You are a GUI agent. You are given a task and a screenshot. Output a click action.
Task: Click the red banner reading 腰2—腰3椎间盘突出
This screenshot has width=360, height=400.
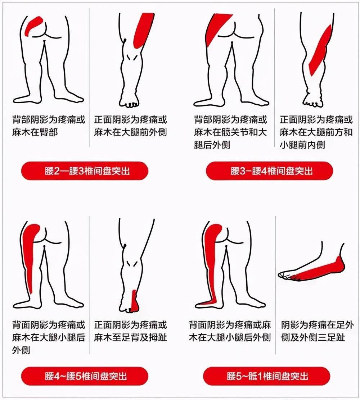pyautogui.click(x=85, y=171)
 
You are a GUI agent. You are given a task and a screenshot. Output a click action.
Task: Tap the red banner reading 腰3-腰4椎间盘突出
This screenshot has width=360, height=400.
pyautogui.click(x=270, y=171)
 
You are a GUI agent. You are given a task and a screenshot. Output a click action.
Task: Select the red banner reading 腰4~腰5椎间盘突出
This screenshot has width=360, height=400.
pyautogui.click(x=85, y=376)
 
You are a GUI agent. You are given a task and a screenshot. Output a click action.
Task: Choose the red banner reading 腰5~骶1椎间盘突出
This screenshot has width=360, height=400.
pyautogui.click(x=267, y=376)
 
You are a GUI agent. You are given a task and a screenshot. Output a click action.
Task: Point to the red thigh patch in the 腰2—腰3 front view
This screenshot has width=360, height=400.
pyautogui.click(x=143, y=31)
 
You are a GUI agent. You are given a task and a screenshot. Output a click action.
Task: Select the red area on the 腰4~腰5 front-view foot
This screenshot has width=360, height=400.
pyautogui.click(x=134, y=301)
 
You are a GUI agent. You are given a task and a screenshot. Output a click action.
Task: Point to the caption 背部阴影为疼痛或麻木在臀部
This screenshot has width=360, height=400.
pyautogui.click(x=49, y=126)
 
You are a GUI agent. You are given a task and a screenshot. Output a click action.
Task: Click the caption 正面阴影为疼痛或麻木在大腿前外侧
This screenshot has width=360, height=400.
pyautogui.click(x=130, y=126)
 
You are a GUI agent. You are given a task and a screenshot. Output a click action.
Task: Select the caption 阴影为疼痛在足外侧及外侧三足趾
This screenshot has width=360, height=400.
pyautogui.click(x=318, y=331)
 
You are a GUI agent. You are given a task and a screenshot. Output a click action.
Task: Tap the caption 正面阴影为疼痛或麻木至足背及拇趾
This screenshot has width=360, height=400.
pyautogui.click(x=130, y=331)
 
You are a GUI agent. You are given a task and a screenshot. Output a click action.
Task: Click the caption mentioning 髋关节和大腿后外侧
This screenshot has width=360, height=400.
pyautogui.click(x=230, y=132)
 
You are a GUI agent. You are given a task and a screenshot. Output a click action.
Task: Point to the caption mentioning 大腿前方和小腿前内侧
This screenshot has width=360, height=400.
pyautogui.click(x=316, y=132)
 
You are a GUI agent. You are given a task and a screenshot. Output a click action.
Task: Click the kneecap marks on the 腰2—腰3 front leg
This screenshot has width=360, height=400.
pyautogui.click(x=133, y=58)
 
